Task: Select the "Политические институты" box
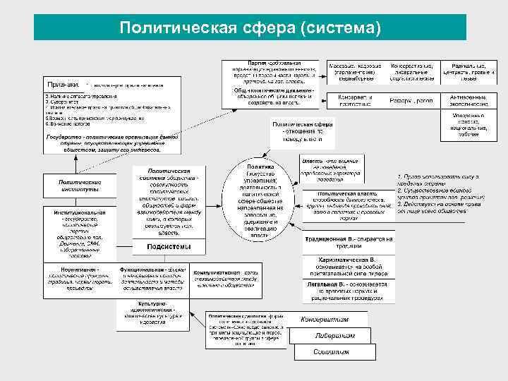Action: [80, 186]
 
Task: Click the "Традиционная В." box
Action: [349, 241]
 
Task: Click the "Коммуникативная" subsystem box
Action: [225, 278]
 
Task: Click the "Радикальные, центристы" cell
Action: [468, 70]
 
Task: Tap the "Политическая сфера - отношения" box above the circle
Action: [303, 131]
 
